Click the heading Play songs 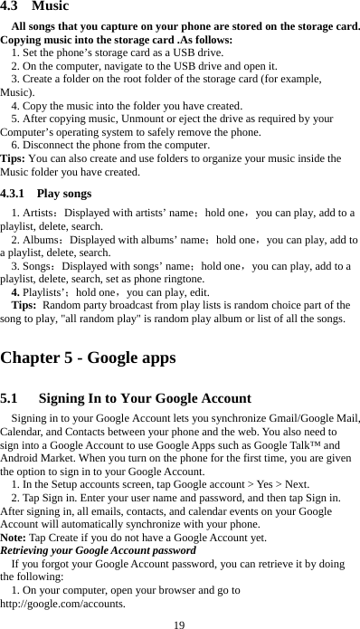point(64,193)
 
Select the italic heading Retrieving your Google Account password point(98,550)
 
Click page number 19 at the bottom point(180,623)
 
